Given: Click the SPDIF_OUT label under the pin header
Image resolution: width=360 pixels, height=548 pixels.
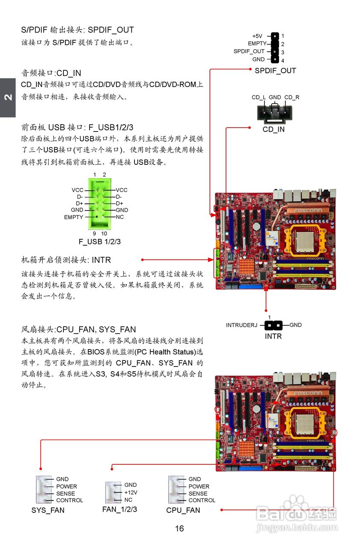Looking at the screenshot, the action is pyautogui.click(x=275, y=71).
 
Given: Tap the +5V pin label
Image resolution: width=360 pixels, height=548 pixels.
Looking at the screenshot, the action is pyautogui.click(x=257, y=36).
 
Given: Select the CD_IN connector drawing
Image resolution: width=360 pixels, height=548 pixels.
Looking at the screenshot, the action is pyautogui.click(x=274, y=112).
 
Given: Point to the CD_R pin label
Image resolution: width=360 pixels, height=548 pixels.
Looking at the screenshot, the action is pyautogui.click(x=292, y=98).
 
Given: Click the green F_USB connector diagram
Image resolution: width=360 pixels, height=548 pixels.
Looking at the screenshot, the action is pyautogui.click(x=100, y=204).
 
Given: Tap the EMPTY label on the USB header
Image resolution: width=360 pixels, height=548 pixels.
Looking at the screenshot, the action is pyautogui.click(x=74, y=217).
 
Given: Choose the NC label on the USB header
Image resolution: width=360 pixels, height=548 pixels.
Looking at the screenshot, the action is pyautogui.click(x=120, y=217).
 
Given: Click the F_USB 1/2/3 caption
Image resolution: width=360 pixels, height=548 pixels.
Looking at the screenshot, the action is pyautogui.click(x=100, y=241).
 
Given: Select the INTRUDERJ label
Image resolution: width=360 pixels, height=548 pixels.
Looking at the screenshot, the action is pyautogui.click(x=242, y=325).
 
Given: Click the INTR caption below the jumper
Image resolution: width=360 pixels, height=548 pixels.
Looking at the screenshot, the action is pyautogui.click(x=273, y=336).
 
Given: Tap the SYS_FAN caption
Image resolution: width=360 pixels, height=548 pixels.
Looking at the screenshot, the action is pyautogui.click(x=48, y=510).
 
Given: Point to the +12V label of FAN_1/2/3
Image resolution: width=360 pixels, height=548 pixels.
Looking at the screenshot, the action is pyautogui.click(x=131, y=492).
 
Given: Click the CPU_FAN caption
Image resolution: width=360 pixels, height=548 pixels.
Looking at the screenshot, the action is pyautogui.click(x=183, y=510).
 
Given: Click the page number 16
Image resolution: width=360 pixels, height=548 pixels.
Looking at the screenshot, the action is pyautogui.click(x=180, y=529).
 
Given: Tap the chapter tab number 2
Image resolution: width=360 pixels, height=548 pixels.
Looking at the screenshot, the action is pyautogui.click(x=8, y=98).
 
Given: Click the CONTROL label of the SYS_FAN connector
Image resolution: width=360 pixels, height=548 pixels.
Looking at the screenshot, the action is pyautogui.click(x=69, y=500).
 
